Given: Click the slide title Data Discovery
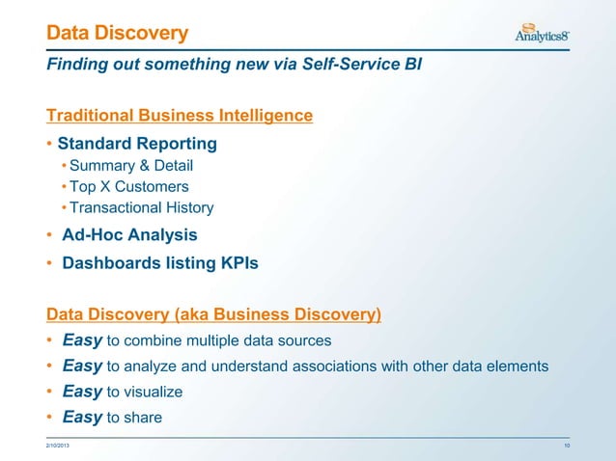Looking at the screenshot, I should tap(118, 35).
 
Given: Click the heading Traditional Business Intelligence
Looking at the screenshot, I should tap(180, 116).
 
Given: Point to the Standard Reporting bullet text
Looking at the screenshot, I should tap(137, 144).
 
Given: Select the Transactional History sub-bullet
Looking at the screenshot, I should tap(141, 207).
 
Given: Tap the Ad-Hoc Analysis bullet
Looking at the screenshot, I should tap(129, 234).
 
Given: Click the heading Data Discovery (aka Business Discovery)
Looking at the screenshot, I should tap(214, 314).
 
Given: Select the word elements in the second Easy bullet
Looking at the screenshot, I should tap(520, 366).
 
